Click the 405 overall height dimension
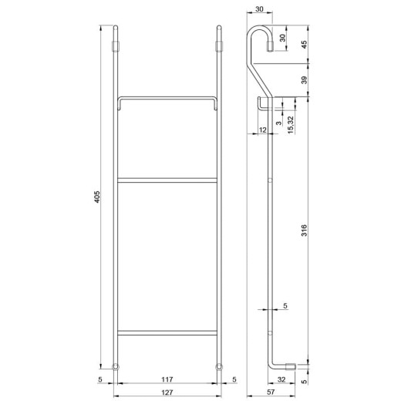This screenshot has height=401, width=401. pyautogui.click(x=97, y=197)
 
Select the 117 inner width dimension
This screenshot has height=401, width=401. pyautogui.click(x=167, y=379)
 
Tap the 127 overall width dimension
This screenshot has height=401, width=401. pyautogui.click(x=167, y=393)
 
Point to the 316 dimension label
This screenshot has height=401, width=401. pyautogui.click(x=304, y=230)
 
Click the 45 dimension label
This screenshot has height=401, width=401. pyautogui.click(x=304, y=45)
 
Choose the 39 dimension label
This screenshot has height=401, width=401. pyautogui.click(x=304, y=80)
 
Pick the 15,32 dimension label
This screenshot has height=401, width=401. pyautogui.click(x=291, y=125)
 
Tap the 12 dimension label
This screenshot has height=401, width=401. pyautogui.click(x=262, y=130)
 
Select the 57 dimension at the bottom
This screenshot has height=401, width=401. pyautogui.click(x=271, y=392)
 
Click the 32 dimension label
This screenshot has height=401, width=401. pyautogui.click(x=281, y=379)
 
